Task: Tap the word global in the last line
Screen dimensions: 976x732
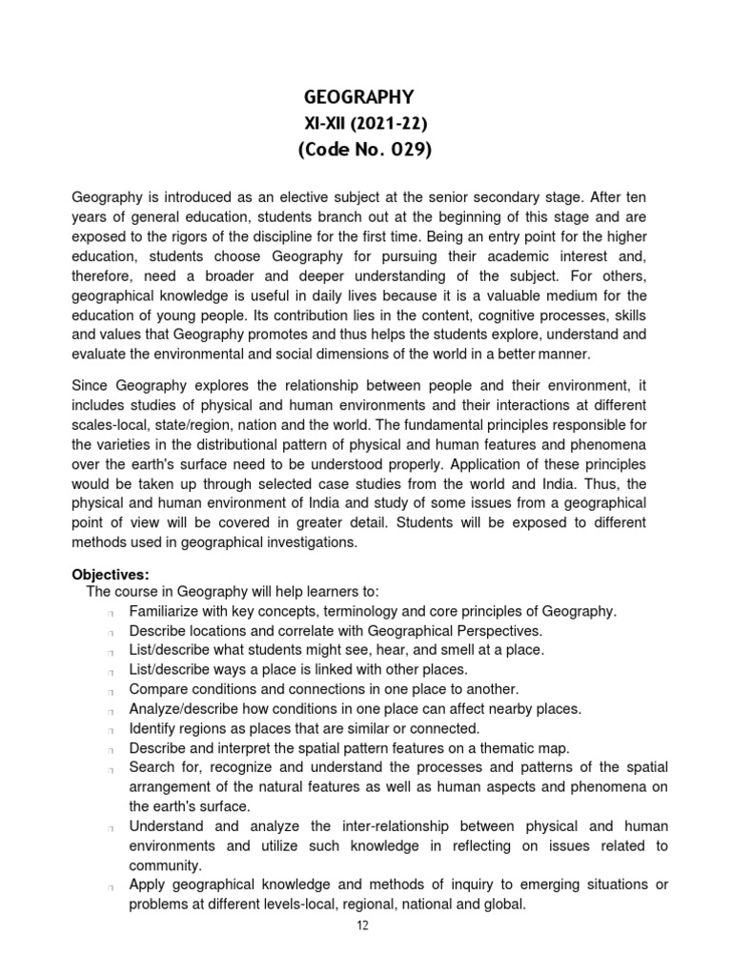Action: [x=501, y=904]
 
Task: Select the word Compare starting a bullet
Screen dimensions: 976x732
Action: [x=157, y=689]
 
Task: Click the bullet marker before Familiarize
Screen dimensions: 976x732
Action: [x=112, y=612]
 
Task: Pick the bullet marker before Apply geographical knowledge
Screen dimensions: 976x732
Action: [x=112, y=886]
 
